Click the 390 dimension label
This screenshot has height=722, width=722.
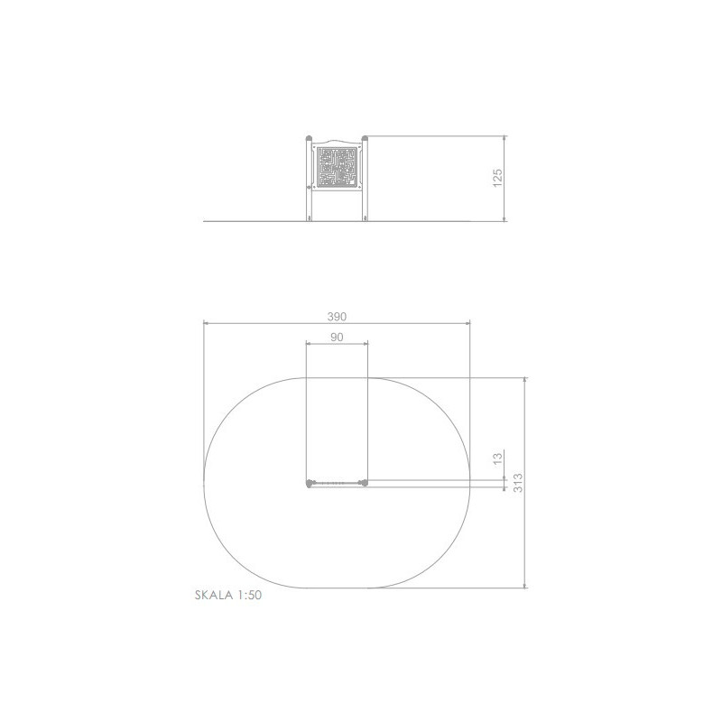[x=337, y=317]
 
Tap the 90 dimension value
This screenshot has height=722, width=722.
[x=337, y=337]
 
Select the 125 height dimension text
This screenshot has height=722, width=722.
[x=497, y=178]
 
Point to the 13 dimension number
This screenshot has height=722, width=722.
[x=497, y=458]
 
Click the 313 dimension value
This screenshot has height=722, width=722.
[x=517, y=483]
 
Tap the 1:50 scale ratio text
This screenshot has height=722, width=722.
[x=250, y=595]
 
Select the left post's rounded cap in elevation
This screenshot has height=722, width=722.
[x=309, y=138]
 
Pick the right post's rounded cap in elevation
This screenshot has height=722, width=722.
[x=365, y=138]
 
